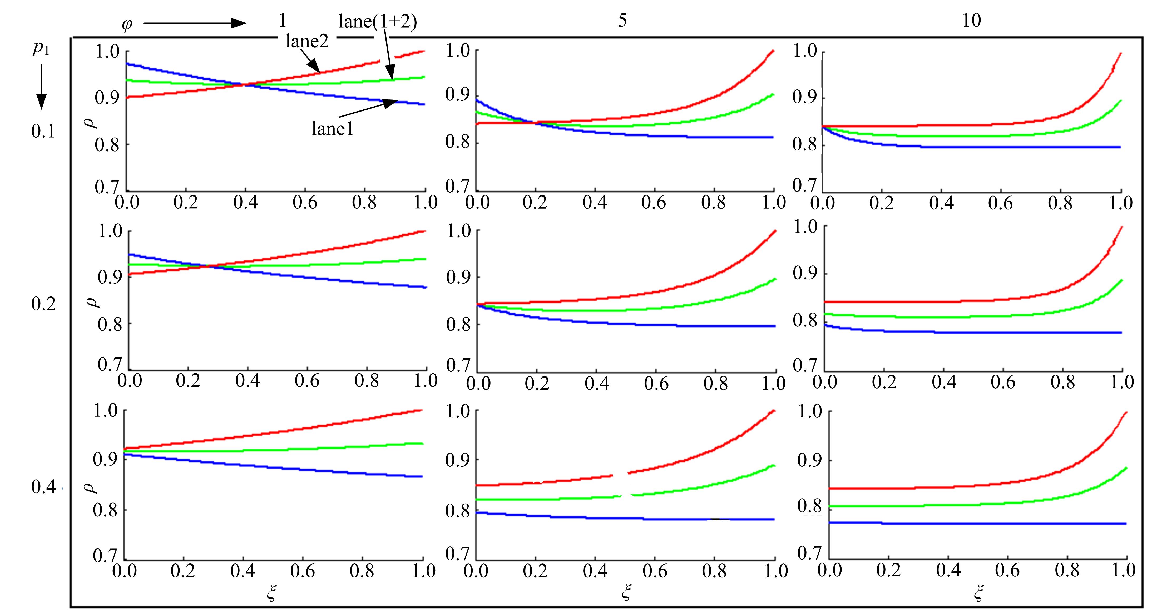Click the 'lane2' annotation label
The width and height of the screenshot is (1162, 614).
(x=307, y=42)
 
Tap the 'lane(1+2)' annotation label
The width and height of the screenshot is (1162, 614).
(x=378, y=21)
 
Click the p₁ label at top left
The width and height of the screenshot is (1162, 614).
(x=40, y=49)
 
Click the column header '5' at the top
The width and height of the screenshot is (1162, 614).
(x=622, y=20)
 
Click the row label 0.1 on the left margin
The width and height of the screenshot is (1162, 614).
(x=43, y=131)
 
